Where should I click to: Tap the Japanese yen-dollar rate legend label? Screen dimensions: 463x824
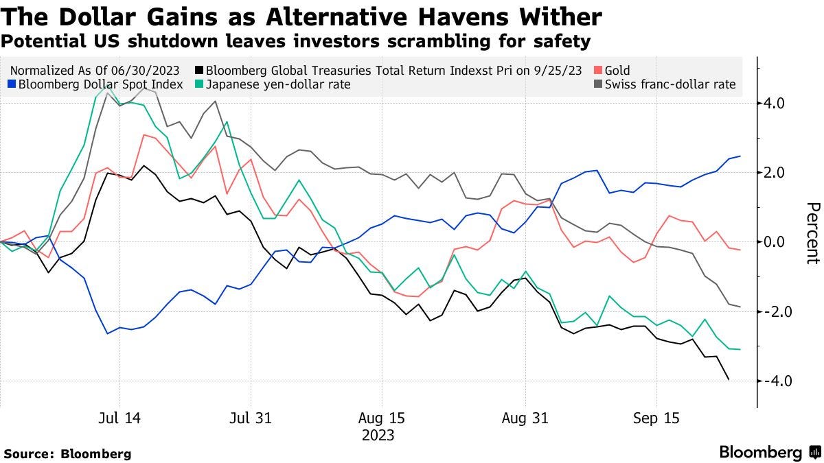[x=278, y=84]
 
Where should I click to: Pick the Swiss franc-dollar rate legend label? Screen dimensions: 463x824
[x=669, y=84]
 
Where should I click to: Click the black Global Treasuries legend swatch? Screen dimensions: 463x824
[x=198, y=70]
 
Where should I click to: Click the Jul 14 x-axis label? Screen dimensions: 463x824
[x=119, y=418]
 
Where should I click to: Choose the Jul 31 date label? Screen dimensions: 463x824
[x=251, y=418]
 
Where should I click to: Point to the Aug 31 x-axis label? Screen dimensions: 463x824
[x=525, y=418]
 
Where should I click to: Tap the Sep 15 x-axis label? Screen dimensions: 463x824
[x=656, y=418]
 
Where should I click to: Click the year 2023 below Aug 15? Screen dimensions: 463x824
[x=378, y=435]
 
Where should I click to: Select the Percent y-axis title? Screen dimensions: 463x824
[x=812, y=233]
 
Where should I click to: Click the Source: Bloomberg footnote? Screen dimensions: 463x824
[x=67, y=453]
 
